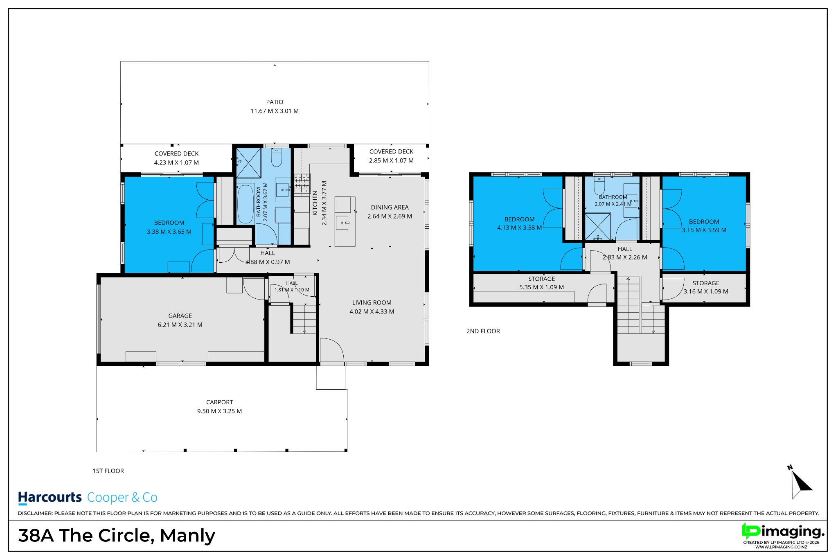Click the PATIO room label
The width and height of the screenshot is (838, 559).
point(275,102)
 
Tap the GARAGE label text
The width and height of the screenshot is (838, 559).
point(180,316)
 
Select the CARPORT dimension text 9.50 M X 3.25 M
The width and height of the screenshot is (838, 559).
point(219,411)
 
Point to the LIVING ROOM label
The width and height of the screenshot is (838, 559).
point(372,303)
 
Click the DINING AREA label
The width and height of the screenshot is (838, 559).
point(390,207)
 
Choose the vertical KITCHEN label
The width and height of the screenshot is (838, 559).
point(315,203)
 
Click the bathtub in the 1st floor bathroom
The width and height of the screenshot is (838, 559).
point(246,204)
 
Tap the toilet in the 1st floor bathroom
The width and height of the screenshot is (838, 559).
point(277,158)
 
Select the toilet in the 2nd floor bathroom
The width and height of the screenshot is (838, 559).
point(599,186)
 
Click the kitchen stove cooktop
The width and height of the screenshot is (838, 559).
point(302,183)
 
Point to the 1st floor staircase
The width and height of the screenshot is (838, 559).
point(304,318)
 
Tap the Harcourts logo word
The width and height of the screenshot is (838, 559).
point(50,498)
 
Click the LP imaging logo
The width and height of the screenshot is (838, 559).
point(783,532)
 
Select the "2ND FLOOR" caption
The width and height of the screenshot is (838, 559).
point(483,331)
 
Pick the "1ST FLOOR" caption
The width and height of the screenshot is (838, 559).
point(108,471)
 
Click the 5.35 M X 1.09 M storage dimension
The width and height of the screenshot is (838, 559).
point(541,287)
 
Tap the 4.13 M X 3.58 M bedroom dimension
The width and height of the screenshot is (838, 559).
point(519,228)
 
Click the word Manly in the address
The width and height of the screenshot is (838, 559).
point(187,536)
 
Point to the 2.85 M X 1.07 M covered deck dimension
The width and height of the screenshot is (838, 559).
point(391,161)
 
